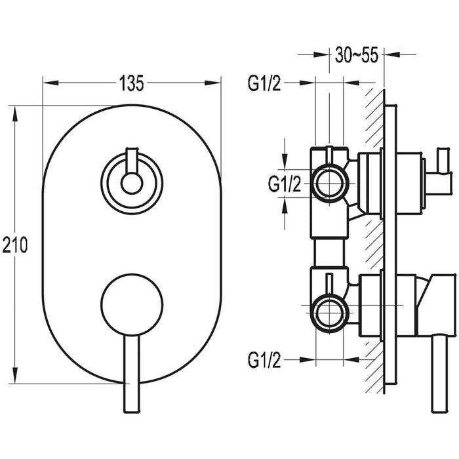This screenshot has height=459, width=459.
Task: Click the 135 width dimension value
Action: click(x=132, y=83)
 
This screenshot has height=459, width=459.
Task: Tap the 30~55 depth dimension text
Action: click(x=355, y=56)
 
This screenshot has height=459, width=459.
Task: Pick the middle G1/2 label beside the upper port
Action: click(x=285, y=184)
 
